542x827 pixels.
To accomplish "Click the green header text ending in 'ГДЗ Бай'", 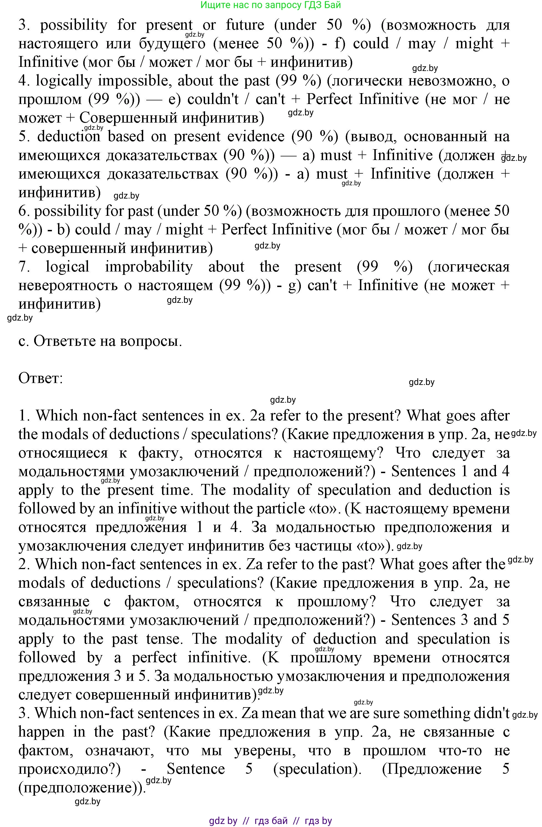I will pos(271,5).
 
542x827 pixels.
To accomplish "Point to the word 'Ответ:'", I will pos(40,378).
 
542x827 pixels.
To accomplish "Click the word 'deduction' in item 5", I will pos(69,136).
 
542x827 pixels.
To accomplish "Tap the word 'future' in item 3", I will pos(245,25).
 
